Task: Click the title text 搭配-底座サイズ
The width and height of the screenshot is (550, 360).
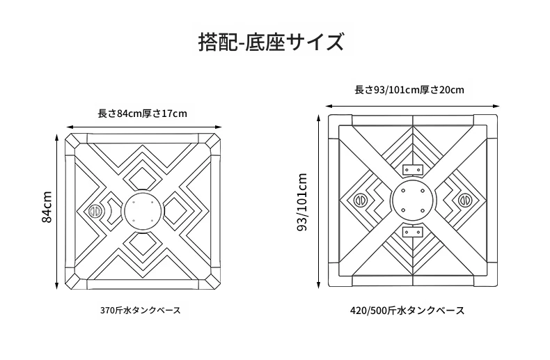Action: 271,42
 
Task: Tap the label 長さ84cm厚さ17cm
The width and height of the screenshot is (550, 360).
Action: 143,114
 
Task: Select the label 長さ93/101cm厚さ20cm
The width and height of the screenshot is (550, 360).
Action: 409,90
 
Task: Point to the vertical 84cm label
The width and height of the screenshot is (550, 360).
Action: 47,207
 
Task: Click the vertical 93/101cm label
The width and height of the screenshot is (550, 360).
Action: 302,202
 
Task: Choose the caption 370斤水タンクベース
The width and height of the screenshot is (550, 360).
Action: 141,311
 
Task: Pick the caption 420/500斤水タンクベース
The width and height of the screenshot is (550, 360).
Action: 407,311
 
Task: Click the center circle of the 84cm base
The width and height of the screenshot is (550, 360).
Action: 143,212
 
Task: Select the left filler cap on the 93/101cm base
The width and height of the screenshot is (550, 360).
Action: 359,201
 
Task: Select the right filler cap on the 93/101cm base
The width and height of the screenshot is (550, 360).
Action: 466,201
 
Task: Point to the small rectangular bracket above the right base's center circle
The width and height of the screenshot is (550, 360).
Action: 412,169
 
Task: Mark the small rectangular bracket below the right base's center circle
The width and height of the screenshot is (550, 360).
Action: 412,232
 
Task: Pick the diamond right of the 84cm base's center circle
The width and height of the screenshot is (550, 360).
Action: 177,211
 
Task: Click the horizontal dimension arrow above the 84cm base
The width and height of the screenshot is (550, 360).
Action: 144,127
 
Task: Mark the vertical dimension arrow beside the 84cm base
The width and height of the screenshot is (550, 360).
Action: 56,212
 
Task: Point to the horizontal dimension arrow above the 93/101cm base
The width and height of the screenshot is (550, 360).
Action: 412,106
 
